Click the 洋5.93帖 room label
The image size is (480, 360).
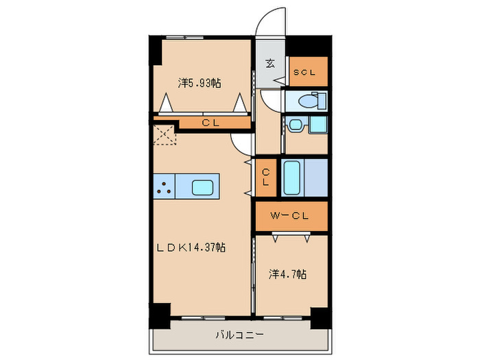pos(200,83)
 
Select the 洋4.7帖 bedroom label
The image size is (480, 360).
pos(287,274)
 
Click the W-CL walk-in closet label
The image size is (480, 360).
pos(289,217)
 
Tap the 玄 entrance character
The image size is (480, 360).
pos(270,64)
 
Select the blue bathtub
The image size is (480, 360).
pos(291,178)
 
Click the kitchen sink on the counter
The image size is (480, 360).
pos(204,187)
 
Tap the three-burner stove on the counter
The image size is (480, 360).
pos(164,187)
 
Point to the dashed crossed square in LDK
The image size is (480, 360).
pos(165,134)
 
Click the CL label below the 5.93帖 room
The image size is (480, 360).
pos(210,123)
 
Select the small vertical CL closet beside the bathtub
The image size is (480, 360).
pos(265,177)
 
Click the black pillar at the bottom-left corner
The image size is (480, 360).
pos(159,315)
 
